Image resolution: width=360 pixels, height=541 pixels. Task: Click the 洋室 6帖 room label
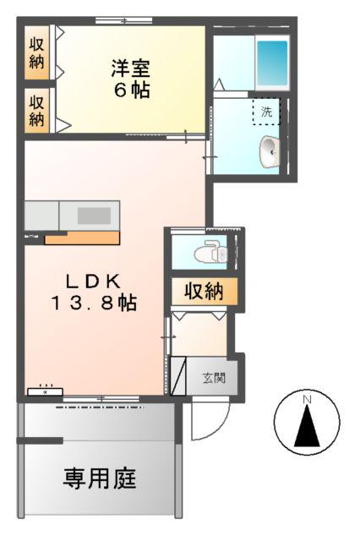[x=130, y=78]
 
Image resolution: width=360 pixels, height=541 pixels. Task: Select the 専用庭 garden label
[x=100, y=478]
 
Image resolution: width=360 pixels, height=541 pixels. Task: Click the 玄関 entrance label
[x=213, y=378]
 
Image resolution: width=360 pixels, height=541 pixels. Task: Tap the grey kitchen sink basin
[x=94, y=216]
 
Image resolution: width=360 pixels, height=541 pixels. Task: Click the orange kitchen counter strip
[x=82, y=238]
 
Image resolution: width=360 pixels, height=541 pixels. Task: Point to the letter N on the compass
[x=308, y=398]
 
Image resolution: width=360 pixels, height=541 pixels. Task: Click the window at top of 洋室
[x=123, y=20]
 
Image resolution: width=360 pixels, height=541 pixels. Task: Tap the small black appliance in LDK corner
[x=44, y=391]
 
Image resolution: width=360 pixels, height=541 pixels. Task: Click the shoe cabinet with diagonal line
[x=178, y=377]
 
